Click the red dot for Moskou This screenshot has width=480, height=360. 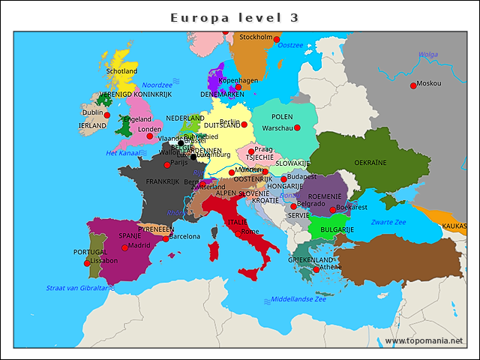[x=413, y=86]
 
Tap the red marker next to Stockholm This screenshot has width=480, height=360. [x=277, y=39]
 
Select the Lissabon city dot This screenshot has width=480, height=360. [x=87, y=263]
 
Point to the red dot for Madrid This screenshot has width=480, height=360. [x=124, y=247]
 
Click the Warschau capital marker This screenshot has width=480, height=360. [x=297, y=128]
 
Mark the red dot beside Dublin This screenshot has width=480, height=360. [x=107, y=115]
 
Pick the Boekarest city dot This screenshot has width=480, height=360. [x=333, y=210]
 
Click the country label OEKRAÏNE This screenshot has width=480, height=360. [x=370, y=163]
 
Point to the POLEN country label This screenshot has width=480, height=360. [x=282, y=118]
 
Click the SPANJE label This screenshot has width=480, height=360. [x=130, y=235]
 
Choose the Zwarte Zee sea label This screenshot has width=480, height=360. [x=388, y=222]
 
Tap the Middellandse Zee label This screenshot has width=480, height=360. [x=298, y=299]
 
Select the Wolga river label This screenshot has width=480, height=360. [x=428, y=55]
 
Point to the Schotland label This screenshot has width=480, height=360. [x=121, y=72]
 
